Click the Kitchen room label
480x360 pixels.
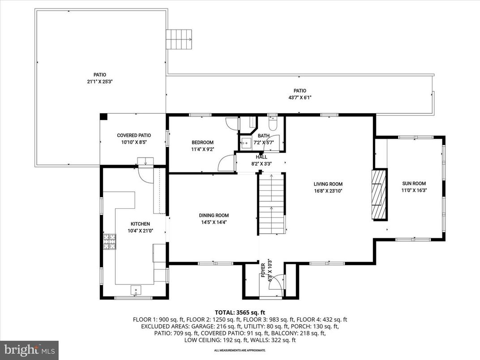[140, 224]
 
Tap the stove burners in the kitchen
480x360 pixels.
[109, 242]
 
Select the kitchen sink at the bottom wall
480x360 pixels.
[136, 291]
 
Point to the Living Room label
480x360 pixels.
[328, 184]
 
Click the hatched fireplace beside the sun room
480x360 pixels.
[379, 194]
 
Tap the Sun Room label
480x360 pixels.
[413, 183]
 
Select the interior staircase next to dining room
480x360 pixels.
[271, 204]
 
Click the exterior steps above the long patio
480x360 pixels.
[179, 39]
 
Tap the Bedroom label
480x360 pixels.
[202, 142]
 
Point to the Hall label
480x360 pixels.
[261, 157]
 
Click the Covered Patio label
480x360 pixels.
[134, 135]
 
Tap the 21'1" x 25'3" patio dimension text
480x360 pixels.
[100, 81]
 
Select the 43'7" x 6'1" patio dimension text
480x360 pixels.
[300, 97]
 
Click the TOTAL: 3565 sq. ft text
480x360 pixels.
[240, 312]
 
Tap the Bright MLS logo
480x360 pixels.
[29, 349]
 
